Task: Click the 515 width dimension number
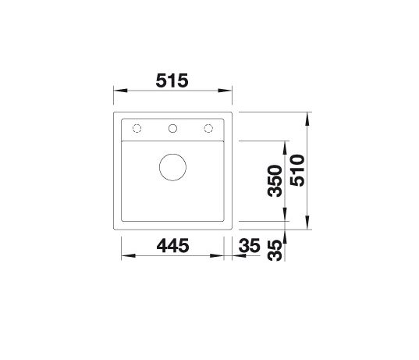pos(172,80)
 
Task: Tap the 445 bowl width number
pos(172,245)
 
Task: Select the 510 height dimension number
pos(298,170)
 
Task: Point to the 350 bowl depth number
pos(275,181)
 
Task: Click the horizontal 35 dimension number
pos(250,245)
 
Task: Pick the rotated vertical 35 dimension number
pos(275,251)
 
